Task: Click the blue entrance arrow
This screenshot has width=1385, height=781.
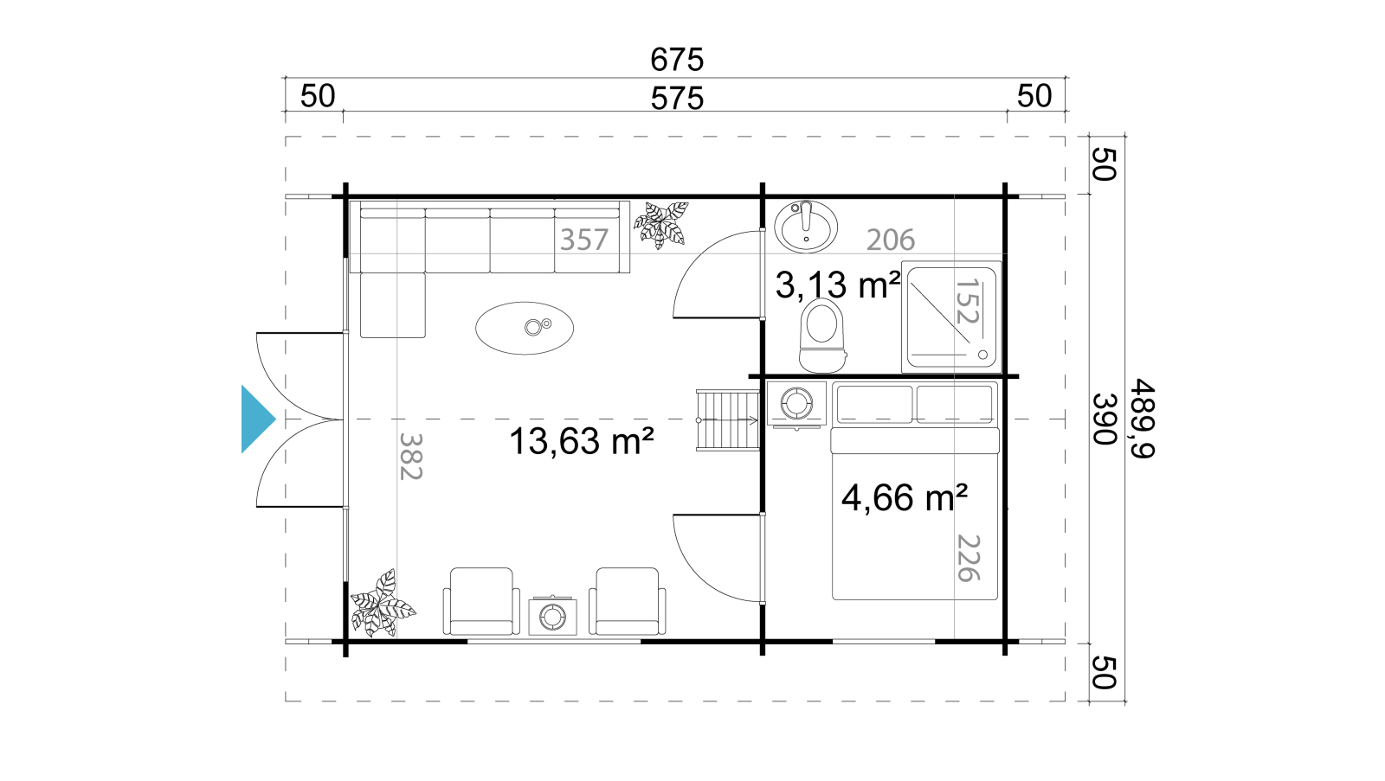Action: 257,419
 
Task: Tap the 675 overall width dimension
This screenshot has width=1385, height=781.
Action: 676,60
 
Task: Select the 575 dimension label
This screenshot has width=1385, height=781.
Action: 677,99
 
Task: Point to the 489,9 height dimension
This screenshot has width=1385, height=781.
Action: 1142,419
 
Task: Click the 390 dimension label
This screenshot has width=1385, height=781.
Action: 1104,419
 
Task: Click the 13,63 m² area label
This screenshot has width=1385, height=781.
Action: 581,441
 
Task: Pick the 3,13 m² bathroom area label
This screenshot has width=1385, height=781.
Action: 838,285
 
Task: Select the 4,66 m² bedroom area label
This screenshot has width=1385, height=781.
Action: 905,497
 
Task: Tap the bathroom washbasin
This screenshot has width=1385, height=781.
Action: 806,227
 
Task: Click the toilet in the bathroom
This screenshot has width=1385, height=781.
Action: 821,335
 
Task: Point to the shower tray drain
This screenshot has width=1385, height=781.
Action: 983,355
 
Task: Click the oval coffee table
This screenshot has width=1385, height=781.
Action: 525,328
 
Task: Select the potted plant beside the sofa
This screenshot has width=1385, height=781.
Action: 661,225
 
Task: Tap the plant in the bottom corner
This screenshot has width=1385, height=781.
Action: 383,604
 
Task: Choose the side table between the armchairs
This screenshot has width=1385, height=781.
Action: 552,616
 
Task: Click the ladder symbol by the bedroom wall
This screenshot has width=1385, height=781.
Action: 728,420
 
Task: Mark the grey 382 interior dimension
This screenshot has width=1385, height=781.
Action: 410,456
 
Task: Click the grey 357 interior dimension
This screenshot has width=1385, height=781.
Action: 584,240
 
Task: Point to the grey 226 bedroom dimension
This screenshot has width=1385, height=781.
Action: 969,558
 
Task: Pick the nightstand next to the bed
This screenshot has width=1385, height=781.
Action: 796,404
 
